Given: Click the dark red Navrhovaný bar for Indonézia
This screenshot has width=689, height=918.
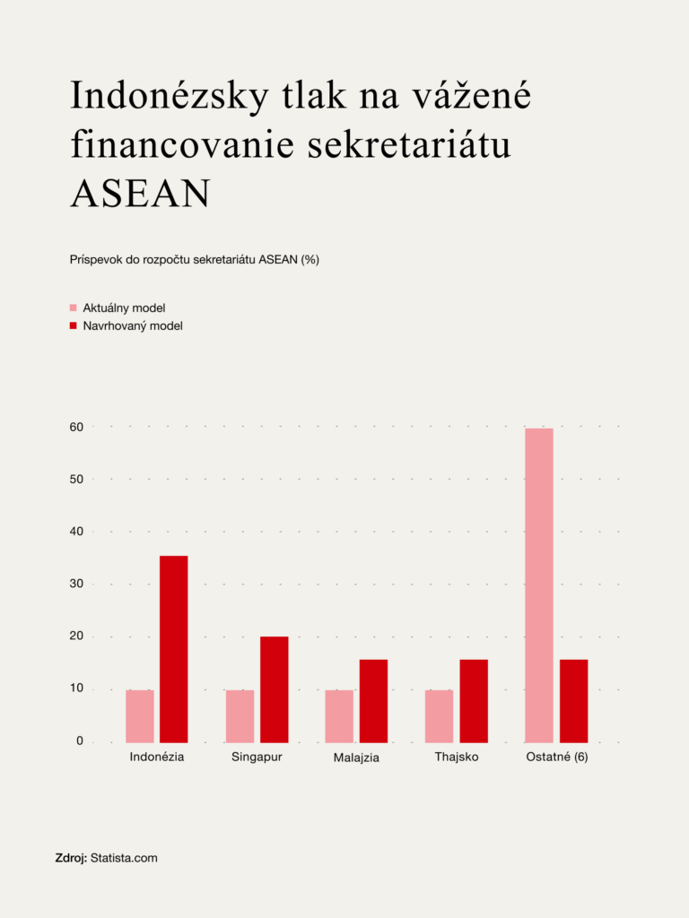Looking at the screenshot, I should coord(174,649).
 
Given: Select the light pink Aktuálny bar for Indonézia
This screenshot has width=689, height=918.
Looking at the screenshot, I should coord(140,715).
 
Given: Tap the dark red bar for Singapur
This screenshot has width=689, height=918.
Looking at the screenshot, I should coord(275,688).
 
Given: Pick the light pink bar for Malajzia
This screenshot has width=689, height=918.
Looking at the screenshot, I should coord(339,715).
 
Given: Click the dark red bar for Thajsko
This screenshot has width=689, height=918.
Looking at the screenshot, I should coord(474,700).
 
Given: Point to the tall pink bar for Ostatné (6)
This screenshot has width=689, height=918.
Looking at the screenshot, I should coord(539,585).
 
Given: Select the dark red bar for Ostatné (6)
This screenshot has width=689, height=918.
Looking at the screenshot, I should coord(574,700).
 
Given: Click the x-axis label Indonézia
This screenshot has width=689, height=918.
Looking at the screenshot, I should coord(157,758).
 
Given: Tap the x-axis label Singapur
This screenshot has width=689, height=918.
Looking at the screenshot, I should coord(257,758).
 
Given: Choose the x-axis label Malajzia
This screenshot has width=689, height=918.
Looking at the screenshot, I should coord(356,758).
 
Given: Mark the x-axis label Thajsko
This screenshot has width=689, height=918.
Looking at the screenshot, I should coord(457,758).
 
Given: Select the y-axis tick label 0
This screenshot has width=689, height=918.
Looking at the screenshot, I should coord(79,741).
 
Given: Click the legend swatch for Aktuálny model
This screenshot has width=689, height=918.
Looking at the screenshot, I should coord(74,307).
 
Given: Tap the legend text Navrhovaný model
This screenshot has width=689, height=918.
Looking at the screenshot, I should coord(133,326).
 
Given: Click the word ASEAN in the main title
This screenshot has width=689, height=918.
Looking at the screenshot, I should coord(140,194).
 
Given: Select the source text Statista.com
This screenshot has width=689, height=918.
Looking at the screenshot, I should coord(124,858).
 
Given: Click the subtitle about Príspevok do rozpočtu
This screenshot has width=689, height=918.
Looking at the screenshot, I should coord(195,260).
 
